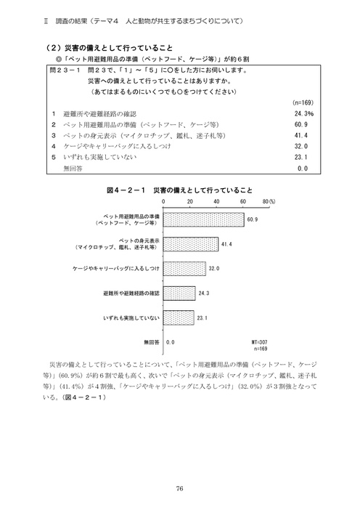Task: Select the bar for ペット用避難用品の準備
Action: (x=204, y=219)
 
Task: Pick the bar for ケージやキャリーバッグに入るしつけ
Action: (x=185, y=268)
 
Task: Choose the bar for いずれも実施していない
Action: (x=179, y=317)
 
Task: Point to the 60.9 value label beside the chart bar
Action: (x=253, y=219)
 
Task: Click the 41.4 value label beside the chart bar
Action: (x=226, y=243)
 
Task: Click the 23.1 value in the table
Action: (x=302, y=156)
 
